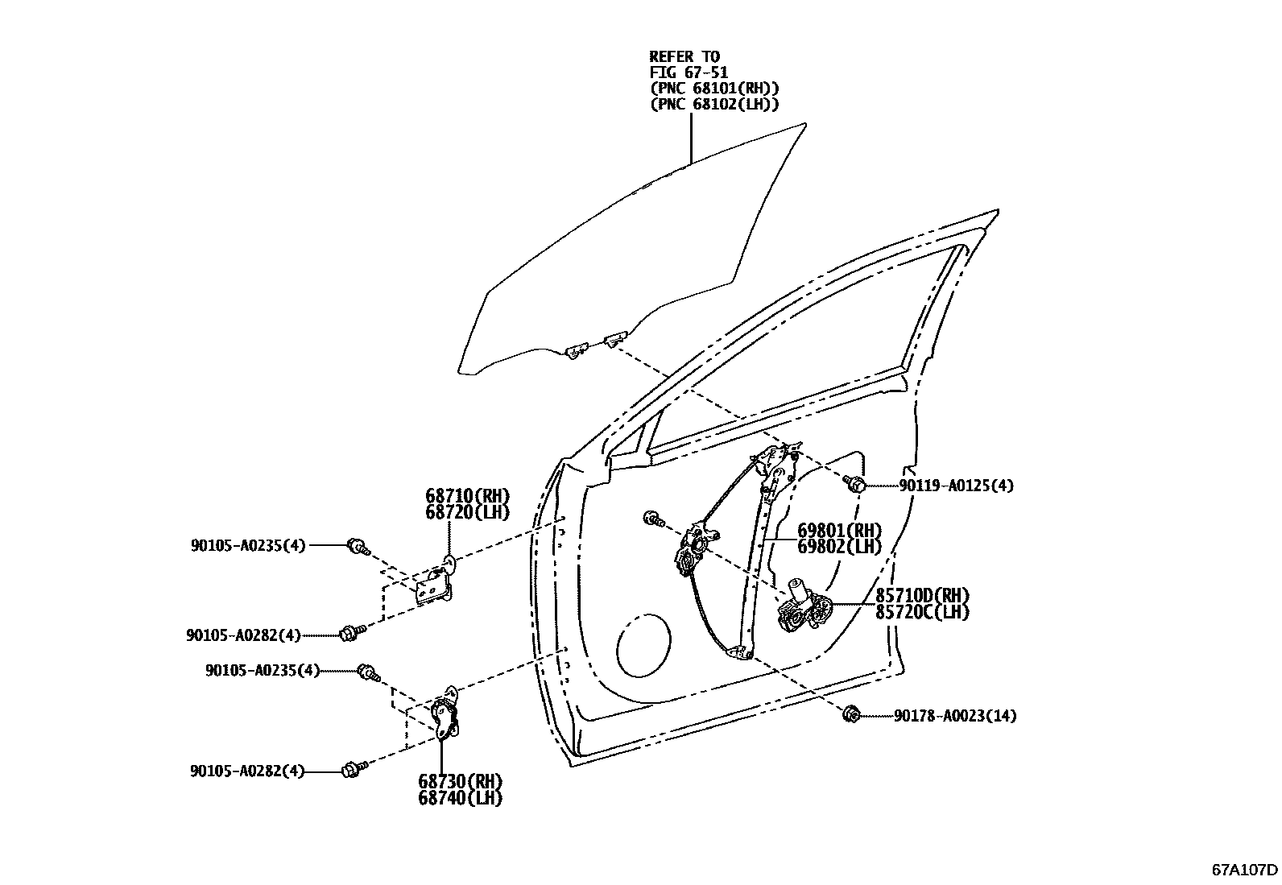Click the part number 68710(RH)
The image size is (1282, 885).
[x=467, y=496]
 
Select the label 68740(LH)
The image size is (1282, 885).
[x=460, y=798]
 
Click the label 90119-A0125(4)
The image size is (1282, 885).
[x=956, y=486]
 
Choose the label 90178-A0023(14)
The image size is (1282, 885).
[x=954, y=715]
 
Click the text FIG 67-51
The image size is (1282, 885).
[x=689, y=72]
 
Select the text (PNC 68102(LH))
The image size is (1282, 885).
[x=714, y=104]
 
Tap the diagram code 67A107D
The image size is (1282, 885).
[x=1245, y=870]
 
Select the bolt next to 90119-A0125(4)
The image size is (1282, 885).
[x=856, y=484]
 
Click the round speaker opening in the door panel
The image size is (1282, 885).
[x=642, y=643]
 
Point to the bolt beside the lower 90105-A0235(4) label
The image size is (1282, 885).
[x=370, y=672]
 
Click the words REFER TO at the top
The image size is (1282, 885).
[x=684, y=56]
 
